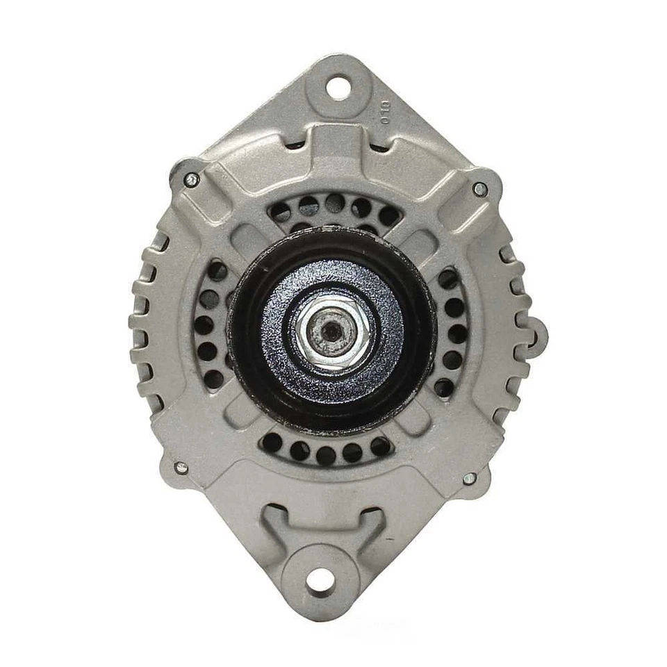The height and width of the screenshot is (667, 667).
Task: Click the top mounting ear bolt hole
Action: click(x=338, y=88)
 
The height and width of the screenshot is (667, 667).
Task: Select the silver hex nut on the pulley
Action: click(x=333, y=331)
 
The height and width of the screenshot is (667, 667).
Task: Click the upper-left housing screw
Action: click(x=191, y=179)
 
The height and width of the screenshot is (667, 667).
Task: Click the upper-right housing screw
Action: click(x=479, y=188)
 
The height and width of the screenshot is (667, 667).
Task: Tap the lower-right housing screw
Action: click(x=469, y=478)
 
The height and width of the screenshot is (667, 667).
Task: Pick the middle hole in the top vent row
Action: click(x=334, y=203)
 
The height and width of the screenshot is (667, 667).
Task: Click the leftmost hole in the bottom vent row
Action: click(x=272, y=442)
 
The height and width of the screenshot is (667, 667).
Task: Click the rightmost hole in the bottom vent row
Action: click(x=380, y=445)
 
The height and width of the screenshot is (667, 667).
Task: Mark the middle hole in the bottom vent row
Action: click(x=326, y=455)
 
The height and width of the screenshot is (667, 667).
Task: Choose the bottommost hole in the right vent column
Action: click(x=443, y=388)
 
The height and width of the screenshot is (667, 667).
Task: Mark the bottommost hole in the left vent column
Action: click(x=215, y=379)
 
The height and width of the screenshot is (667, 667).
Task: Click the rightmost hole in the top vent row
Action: click(x=388, y=216)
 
